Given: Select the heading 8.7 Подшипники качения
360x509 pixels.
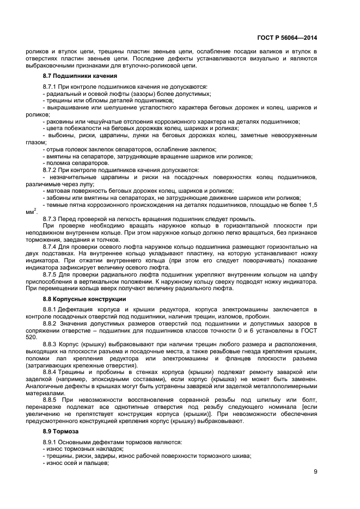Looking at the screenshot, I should click(80, 76).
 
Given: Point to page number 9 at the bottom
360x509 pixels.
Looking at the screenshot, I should click(315, 472).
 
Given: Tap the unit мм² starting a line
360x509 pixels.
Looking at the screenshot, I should click(31, 212).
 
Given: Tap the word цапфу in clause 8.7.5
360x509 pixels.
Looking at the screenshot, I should click(308, 275).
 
